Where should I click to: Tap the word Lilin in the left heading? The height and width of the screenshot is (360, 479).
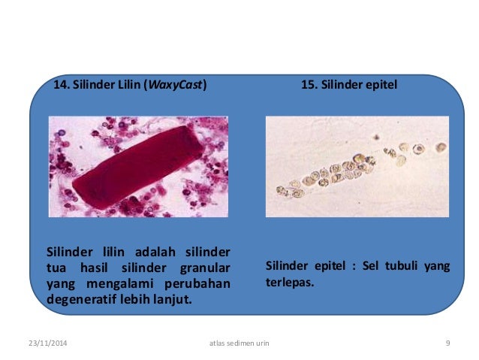pos(129,85)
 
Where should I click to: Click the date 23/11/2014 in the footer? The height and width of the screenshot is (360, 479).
pos(47,343)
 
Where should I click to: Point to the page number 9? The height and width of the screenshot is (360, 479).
pos(447,343)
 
